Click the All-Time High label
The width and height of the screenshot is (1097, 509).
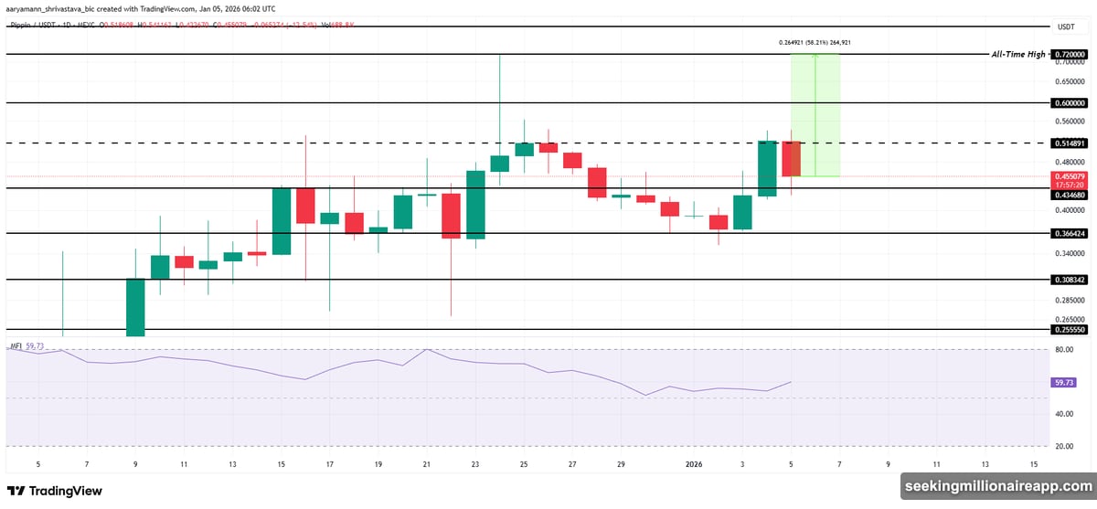[x=1018, y=55]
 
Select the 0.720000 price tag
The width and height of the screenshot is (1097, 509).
[x=1069, y=55]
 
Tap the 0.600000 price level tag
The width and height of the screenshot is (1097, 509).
[x=1069, y=103]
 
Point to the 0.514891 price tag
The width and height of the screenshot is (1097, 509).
[x=1069, y=143]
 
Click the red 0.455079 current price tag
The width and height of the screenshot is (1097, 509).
[x=1069, y=176]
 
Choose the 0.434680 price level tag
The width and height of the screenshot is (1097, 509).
[x=1069, y=195]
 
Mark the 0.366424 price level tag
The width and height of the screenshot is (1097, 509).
[x=1069, y=233]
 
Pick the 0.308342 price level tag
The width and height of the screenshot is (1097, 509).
[x=1069, y=280]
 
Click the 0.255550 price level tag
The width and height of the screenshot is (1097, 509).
[x=1069, y=329]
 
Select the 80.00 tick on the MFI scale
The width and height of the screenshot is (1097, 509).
[x=1063, y=349]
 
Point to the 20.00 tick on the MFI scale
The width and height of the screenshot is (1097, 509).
[x=1063, y=446]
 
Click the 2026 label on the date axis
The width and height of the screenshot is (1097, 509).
[x=694, y=464]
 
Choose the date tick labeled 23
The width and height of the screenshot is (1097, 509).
[x=475, y=464]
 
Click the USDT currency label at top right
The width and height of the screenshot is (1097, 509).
[x=1066, y=27]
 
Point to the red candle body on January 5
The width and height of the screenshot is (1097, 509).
[x=791, y=159]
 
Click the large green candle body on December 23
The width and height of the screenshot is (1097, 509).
[x=475, y=204]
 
